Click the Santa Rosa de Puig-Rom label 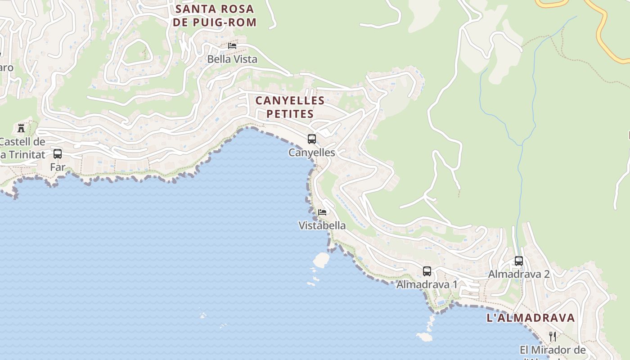pos(215,15)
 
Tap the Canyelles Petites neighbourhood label pos(290,107)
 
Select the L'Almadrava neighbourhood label pos(531,318)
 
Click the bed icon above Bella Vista pos(232,45)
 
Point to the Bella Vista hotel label pos(232,59)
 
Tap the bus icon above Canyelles pos(312,139)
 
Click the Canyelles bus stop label pos(312,153)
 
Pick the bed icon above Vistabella pos(322,212)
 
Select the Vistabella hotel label pos(322,225)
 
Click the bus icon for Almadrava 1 pos(427,271)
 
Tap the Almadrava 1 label pos(427,284)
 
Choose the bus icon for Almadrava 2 pos(519,261)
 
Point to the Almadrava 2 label pos(519,274)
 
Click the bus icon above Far pos(58,154)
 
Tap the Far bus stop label pos(58,167)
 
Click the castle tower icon pos(21,128)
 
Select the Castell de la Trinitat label pos(22,148)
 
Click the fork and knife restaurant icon pos(553,336)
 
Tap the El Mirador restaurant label pos(553,350)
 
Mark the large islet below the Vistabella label pos(321,260)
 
